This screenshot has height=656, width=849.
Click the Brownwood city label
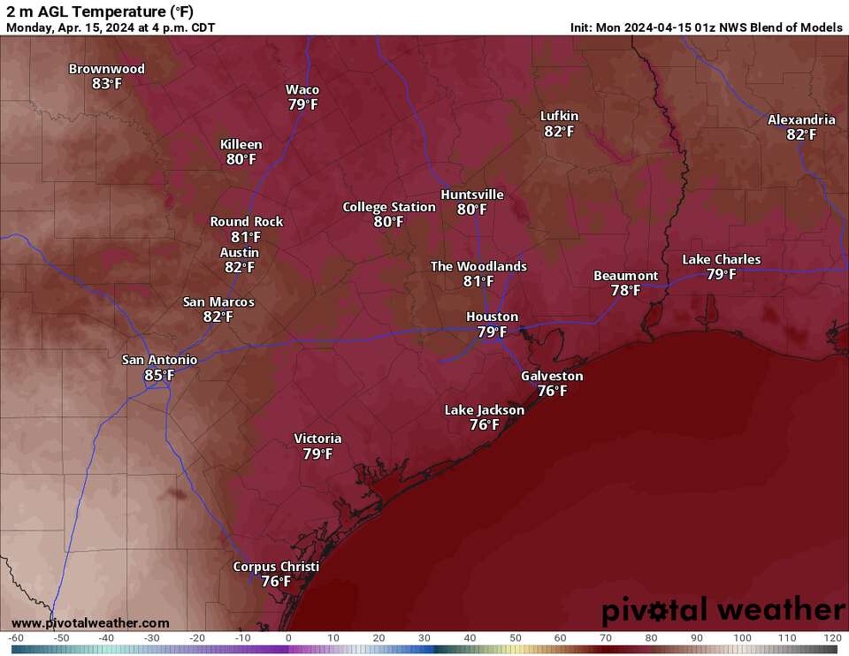tap(107, 69)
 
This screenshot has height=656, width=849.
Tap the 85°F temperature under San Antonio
tap(159, 376)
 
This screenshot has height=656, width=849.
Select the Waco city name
tap(302, 89)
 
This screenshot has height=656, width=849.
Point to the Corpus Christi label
tap(276, 567)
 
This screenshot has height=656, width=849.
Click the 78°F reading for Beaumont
tap(625, 290)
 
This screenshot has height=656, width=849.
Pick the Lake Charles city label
tap(721, 259)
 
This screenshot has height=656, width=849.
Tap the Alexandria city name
tap(801, 119)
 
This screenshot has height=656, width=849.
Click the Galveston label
tap(552, 376)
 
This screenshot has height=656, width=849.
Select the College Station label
tap(389, 207)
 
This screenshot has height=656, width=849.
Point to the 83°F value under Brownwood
tap(107, 84)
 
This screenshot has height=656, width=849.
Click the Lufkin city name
tap(560, 116)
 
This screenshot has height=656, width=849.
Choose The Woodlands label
tap(478, 266)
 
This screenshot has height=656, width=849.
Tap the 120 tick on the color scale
tap(831, 638)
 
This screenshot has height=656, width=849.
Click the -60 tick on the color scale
tap(15, 638)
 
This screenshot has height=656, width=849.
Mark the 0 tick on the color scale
tap(288, 638)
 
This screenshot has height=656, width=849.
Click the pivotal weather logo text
tap(723, 610)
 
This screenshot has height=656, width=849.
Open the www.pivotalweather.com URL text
tap(90, 623)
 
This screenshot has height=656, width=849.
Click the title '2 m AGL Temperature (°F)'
tap(100, 11)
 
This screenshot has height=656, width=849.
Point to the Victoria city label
tap(317, 439)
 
